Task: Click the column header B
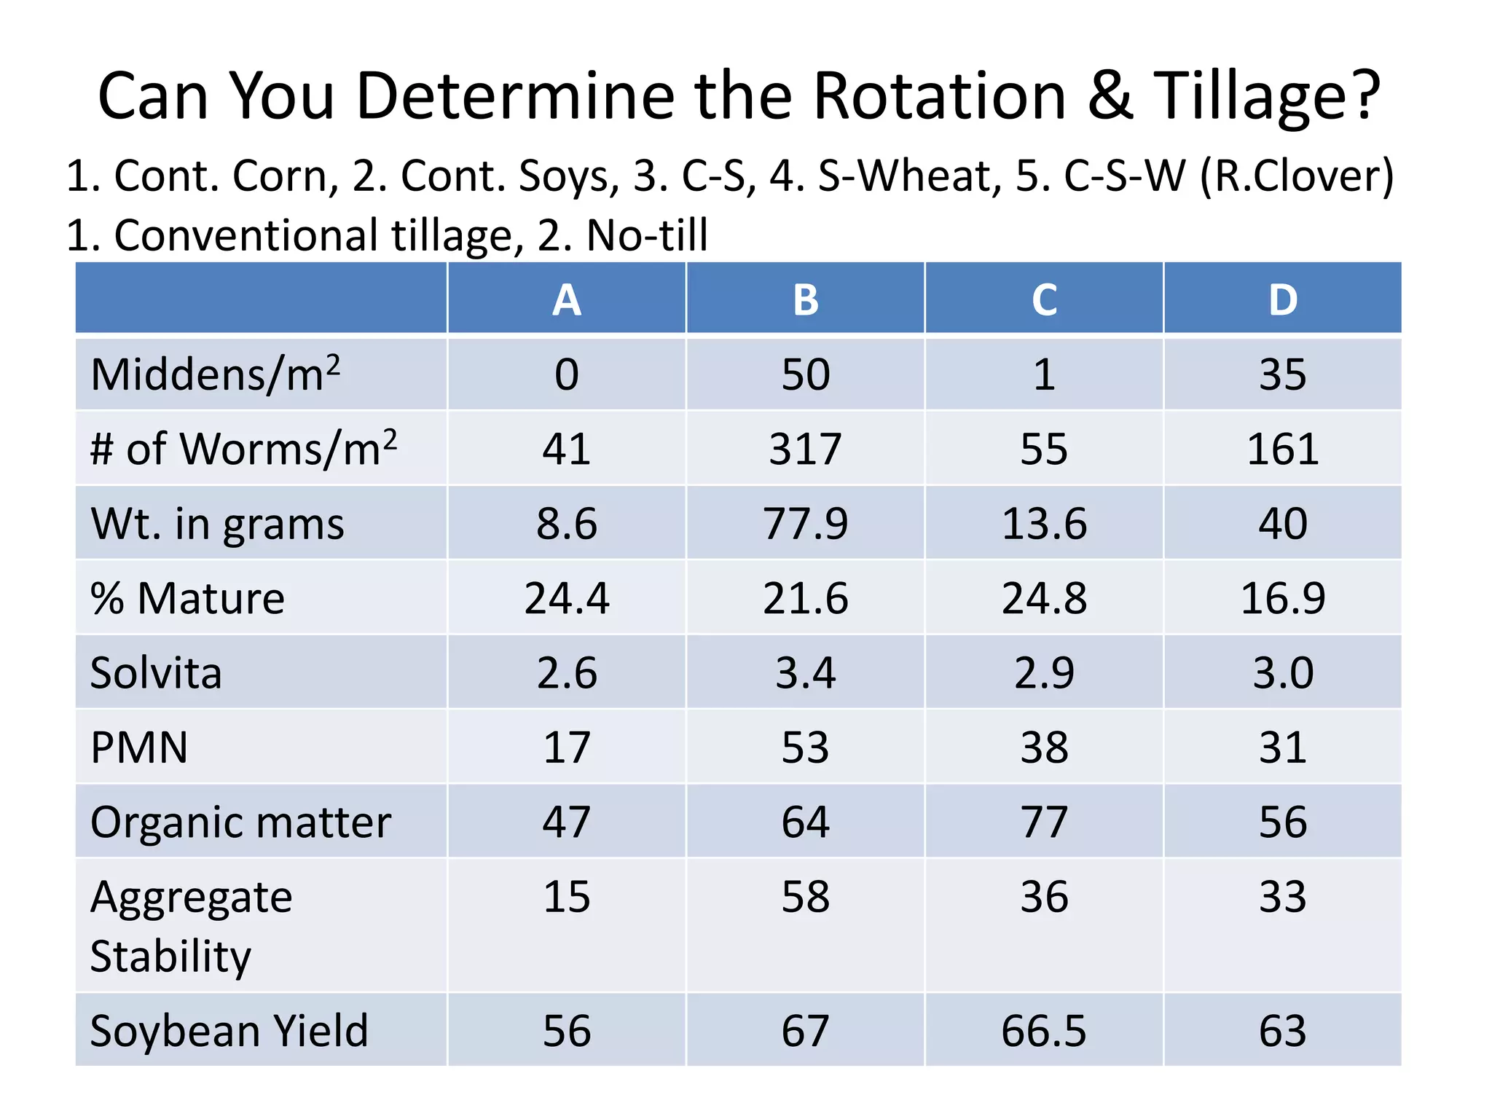point(805,299)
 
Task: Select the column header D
point(1282,299)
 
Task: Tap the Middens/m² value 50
point(805,374)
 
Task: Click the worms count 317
point(805,449)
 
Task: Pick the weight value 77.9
point(805,524)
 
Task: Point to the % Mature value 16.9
point(1282,598)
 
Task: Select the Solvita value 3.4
point(805,672)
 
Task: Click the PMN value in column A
point(567,747)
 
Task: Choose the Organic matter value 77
point(1044,822)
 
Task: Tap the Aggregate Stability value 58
point(805,897)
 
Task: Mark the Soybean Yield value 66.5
point(1044,1031)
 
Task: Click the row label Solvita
point(156,672)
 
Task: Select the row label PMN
point(139,747)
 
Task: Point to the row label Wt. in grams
point(217,524)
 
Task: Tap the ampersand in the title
point(1110,96)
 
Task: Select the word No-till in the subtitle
point(647,235)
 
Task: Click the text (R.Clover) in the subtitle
point(1297,176)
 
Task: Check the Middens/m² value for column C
point(1044,374)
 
